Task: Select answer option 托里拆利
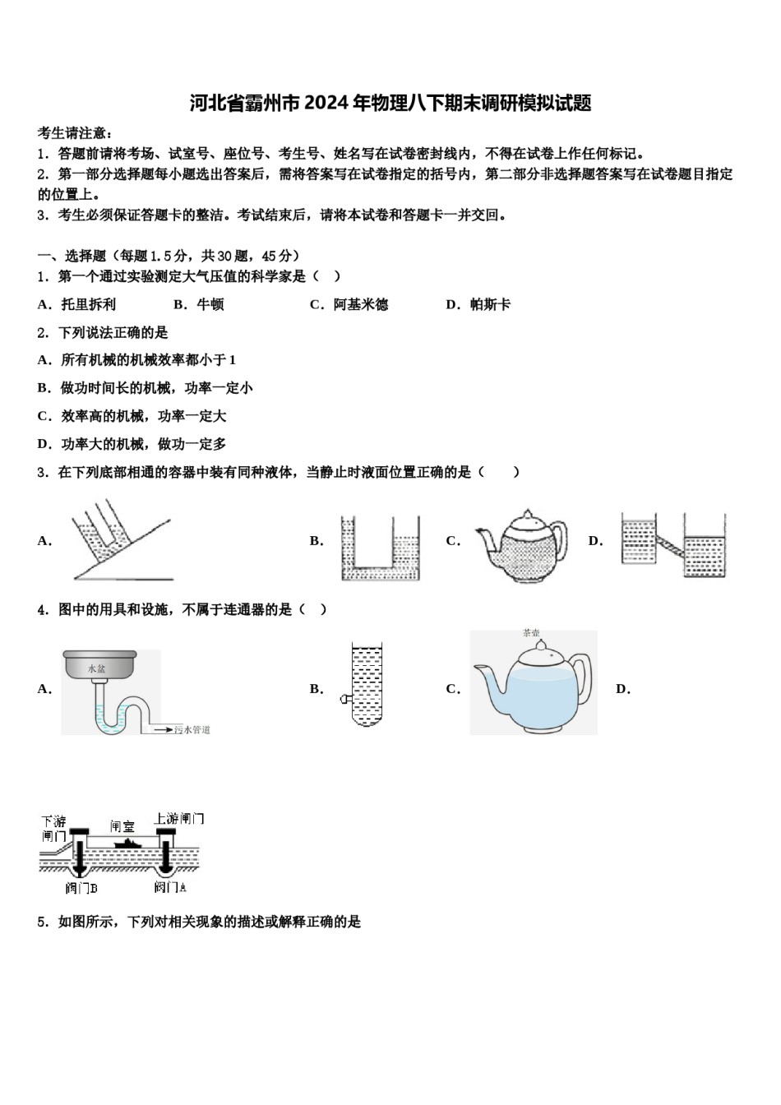(x=88, y=305)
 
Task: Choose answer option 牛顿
(x=210, y=305)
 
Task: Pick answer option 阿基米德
(x=360, y=305)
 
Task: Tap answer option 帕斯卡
(x=490, y=305)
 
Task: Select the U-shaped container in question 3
(x=380, y=548)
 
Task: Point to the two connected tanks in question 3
(x=674, y=544)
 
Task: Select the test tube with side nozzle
(x=365, y=685)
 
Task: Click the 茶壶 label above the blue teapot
(x=531, y=633)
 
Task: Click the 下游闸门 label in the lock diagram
(x=54, y=829)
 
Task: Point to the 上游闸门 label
(x=178, y=819)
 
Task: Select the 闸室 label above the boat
(x=122, y=826)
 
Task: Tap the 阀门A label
(x=170, y=888)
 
